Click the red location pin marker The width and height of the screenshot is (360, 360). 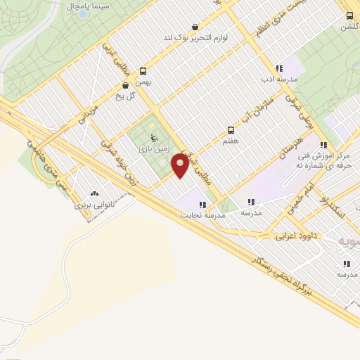(180, 166)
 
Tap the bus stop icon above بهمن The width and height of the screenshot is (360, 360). (143, 71)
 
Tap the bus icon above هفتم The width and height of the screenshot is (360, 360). (230, 130)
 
